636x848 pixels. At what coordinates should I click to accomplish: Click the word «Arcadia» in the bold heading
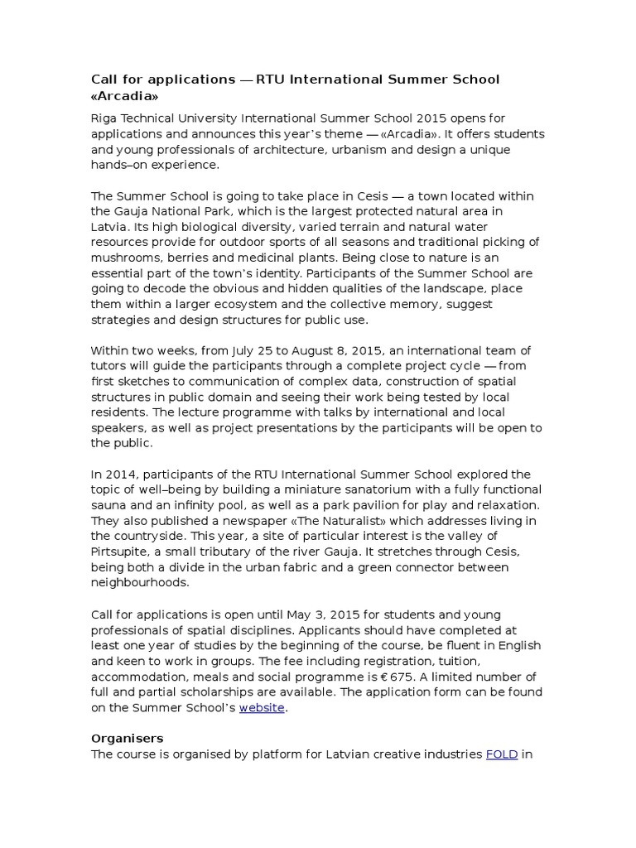coord(123,96)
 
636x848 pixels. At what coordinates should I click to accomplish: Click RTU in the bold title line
coord(271,79)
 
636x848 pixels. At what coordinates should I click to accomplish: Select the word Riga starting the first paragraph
coord(104,118)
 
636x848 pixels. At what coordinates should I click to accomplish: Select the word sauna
coord(110,505)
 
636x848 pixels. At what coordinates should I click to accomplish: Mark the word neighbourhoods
coord(142,583)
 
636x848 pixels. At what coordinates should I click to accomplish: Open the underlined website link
coord(262,708)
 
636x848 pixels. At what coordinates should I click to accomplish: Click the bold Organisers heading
coord(127,738)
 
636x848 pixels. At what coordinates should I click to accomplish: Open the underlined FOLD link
coord(501,754)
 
